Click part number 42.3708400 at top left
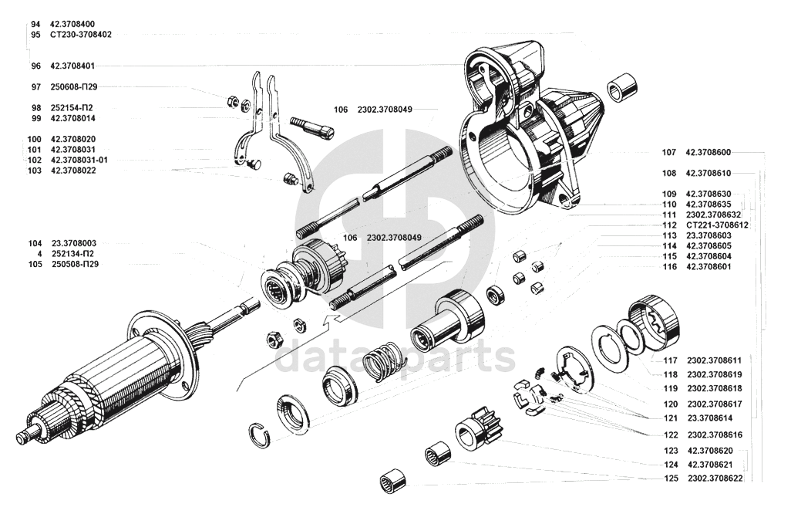(72, 24)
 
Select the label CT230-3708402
(81, 35)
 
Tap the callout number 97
(35, 87)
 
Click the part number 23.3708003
(74, 243)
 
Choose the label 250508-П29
(75, 264)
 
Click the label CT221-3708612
(717, 225)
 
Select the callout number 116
(669, 266)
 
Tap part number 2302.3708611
(715, 360)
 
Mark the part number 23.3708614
(710, 418)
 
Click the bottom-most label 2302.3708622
(715, 478)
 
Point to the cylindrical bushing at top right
(621, 90)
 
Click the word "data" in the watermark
(318, 357)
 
